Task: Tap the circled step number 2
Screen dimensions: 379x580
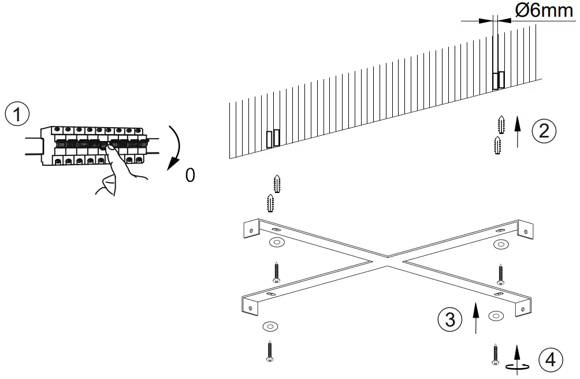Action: click(x=544, y=130)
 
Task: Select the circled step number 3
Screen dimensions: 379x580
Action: click(x=450, y=318)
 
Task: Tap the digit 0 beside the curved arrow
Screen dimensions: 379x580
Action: click(x=190, y=174)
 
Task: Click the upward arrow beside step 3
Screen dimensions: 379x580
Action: click(x=475, y=317)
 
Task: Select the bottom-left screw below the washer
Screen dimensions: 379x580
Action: click(x=269, y=352)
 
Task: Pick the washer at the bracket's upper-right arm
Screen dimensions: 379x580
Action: click(x=500, y=244)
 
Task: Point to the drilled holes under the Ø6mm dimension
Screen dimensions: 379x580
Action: click(x=499, y=80)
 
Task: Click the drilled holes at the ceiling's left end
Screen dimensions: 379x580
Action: click(x=273, y=138)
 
